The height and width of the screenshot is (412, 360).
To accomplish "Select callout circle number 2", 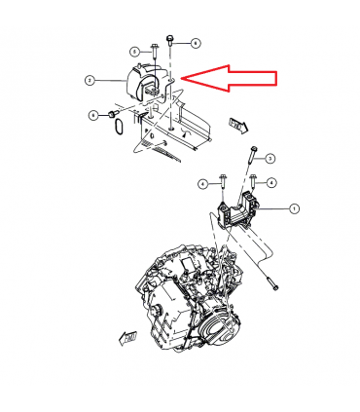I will (89, 80).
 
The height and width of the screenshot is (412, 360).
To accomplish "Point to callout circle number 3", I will (271, 158).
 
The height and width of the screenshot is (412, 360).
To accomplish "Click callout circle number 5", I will (133, 51).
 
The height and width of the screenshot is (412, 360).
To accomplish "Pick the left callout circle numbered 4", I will (203, 183).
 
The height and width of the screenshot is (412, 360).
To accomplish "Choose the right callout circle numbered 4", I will (271, 183).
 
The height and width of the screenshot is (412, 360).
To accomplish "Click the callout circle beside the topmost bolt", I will (195, 43).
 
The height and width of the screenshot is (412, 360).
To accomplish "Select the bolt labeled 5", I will (154, 55).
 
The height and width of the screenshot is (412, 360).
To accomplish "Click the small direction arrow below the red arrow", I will (236, 125).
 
